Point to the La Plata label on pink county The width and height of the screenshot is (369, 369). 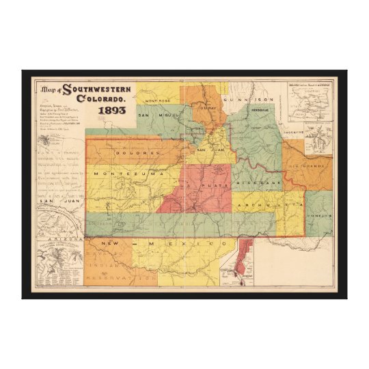pos(206,185)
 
